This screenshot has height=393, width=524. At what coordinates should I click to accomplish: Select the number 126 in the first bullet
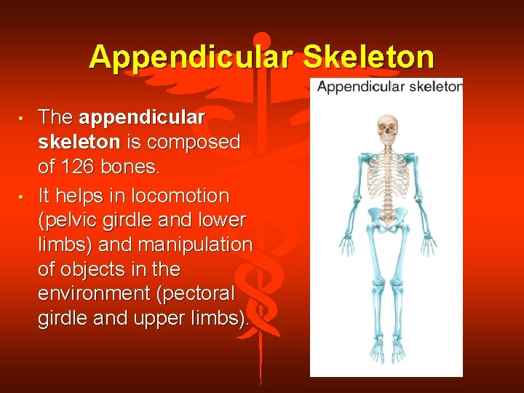79,166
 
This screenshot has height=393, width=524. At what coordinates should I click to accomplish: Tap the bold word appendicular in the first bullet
142,116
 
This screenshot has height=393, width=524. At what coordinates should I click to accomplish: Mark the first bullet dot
23,117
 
